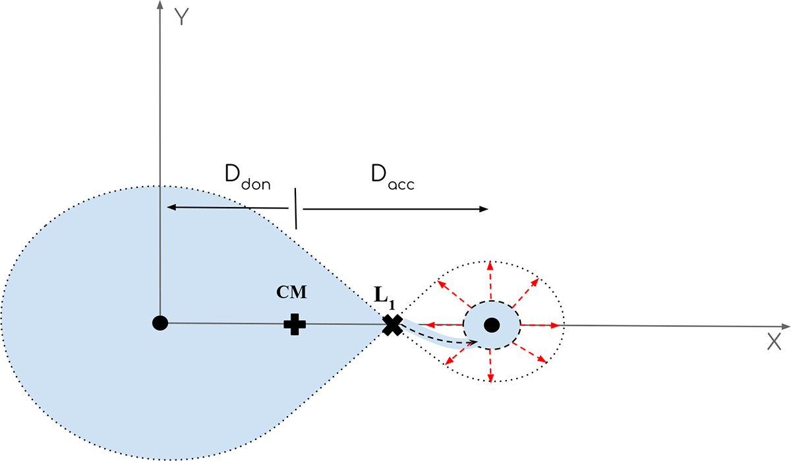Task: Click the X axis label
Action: (774, 341)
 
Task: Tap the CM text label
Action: (291, 292)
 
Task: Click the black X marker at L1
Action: (392, 324)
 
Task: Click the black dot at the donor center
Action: (160, 323)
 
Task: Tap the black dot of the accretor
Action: (491, 324)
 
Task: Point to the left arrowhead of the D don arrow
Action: (171, 207)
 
